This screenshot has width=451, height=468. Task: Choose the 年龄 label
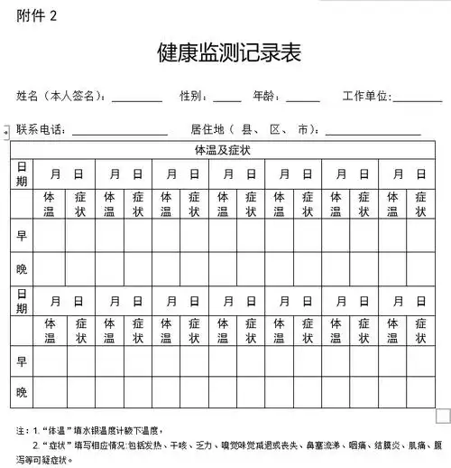coord(268,96)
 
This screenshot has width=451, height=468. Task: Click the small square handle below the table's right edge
coord(442,415)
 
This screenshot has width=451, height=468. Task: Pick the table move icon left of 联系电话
coord(6,132)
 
